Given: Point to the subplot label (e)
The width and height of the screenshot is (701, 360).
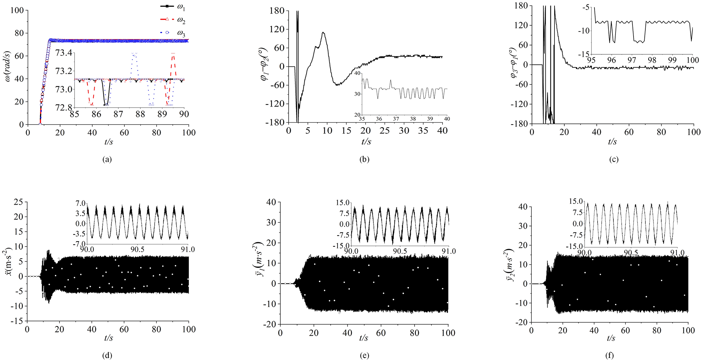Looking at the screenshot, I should [364, 355].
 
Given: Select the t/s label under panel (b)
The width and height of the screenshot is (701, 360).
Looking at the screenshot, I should [367, 142].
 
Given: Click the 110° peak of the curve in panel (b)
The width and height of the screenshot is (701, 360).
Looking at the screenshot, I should [324, 33].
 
